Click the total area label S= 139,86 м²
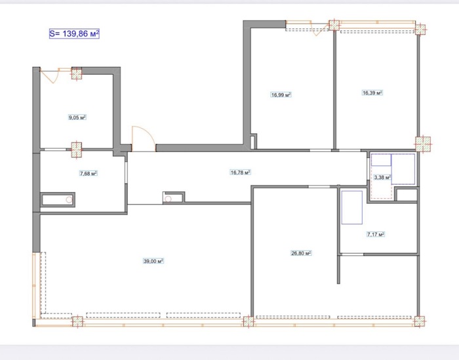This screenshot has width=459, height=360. pyautogui.click(x=74, y=33)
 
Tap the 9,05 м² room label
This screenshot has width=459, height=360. pyautogui.click(x=77, y=117)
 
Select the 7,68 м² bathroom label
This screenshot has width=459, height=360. pyautogui.click(x=89, y=174)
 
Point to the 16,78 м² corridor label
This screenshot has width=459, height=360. pyautogui.click(x=241, y=172)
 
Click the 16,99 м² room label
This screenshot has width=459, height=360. pyautogui.click(x=281, y=95)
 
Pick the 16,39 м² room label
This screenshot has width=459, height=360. pyautogui.click(x=372, y=92)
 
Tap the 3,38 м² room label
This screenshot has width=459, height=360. pyautogui.click(x=382, y=177)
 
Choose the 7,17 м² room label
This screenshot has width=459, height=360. pyautogui.click(x=376, y=234)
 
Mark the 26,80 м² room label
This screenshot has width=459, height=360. pyautogui.click(x=301, y=253)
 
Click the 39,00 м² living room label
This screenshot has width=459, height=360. pyautogui.click(x=153, y=261)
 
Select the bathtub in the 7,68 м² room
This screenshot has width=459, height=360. pyautogui.click(x=58, y=200)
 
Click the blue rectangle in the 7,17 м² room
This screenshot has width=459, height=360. pyautogui.click(x=352, y=207)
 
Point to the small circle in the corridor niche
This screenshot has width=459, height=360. pyautogui.click(x=168, y=199)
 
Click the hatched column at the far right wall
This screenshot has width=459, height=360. pyautogui.click(x=423, y=144)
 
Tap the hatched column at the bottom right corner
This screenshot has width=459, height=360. pyautogui.click(x=420, y=321)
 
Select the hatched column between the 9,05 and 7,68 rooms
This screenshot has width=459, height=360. pyautogui.click(x=77, y=150)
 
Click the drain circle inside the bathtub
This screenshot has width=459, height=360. pyautogui.click(x=69, y=200)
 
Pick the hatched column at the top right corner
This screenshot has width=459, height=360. pyautogui.click(x=420, y=30)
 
